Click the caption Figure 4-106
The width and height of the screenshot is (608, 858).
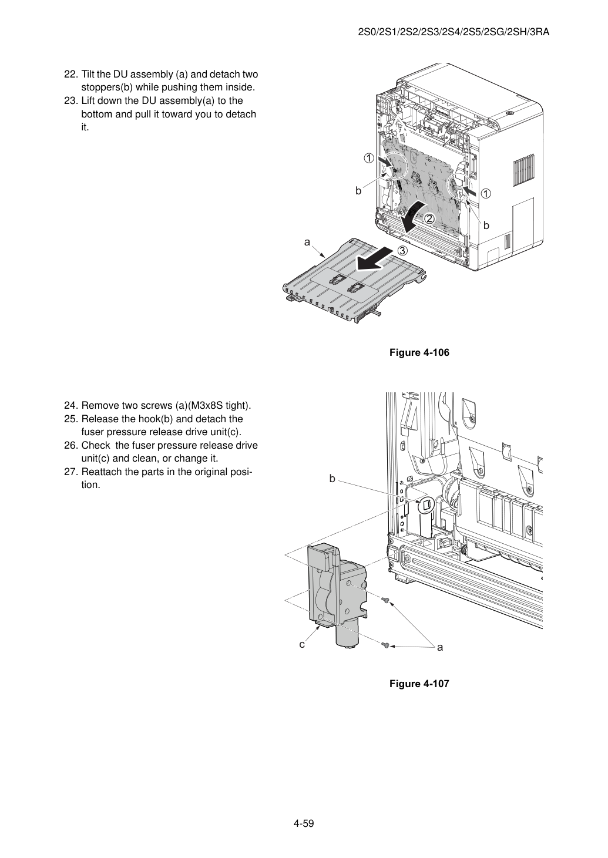pos(419,352)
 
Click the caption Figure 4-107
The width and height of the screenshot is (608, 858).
pos(419,684)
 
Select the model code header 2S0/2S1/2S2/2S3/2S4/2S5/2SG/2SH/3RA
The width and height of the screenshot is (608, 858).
pos(454,32)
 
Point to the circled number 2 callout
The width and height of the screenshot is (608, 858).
pos(429,218)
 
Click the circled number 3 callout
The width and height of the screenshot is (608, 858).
pos(402,251)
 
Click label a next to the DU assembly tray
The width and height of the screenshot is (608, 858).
pos(307,242)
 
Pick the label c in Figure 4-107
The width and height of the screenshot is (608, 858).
pos(302,645)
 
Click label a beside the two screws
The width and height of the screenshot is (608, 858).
pos(440,647)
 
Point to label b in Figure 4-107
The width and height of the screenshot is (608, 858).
pos(332,479)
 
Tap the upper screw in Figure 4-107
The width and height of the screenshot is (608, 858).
pos(387,600)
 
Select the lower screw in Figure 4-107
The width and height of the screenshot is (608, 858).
pos(386,645)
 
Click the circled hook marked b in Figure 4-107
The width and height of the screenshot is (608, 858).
pos(427,506)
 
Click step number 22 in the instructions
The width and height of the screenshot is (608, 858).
pos(71,75)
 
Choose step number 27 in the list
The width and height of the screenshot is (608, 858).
pos(71,472)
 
